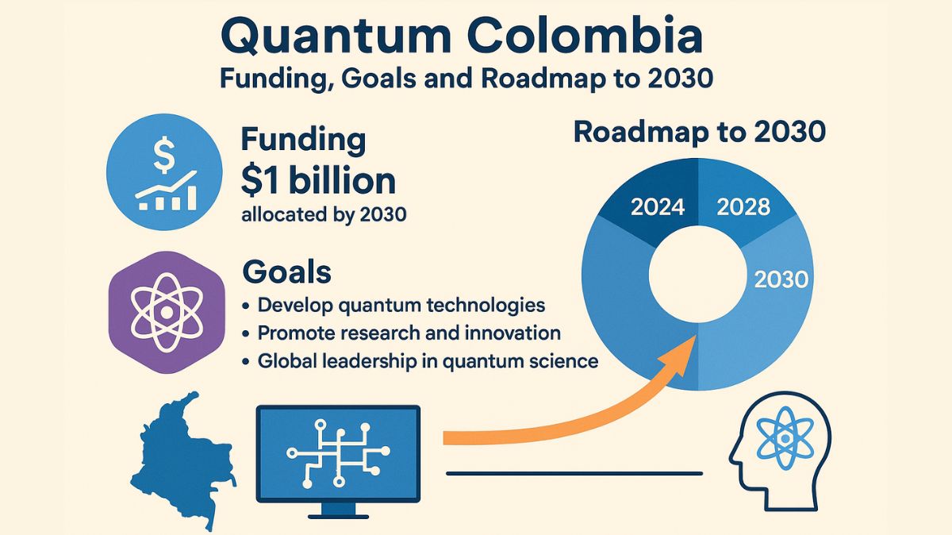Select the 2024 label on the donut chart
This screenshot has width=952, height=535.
[657, 208]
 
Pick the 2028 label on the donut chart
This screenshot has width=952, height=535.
[743, 207]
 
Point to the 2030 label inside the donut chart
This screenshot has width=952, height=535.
[781, 279]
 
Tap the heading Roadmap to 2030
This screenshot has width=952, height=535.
[700, 132]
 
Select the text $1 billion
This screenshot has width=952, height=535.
[317, 182]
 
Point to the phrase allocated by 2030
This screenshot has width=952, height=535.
[324, 214]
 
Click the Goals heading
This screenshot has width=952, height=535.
[286, 272]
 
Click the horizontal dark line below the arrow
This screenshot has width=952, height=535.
[574, 474]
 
